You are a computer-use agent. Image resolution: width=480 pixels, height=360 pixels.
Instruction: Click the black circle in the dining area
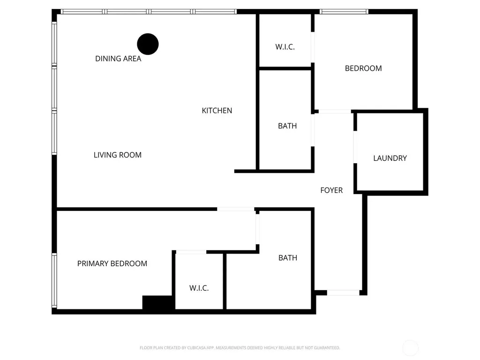click(148, 44)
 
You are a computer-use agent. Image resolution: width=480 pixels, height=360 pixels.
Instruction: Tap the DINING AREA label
click(118, 59)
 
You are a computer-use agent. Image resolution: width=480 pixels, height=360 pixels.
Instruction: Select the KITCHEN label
click(217, 111)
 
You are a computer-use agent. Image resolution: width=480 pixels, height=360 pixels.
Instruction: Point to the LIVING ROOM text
click(118, 155)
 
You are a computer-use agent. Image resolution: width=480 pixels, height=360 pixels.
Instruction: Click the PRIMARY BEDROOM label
click(112, 263)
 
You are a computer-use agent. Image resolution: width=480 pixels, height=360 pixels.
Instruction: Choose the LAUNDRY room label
click(390, 158)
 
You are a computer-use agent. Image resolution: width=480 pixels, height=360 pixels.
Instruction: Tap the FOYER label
click(331, 190)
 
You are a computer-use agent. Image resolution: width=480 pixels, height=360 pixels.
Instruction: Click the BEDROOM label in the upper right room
click(363, 68)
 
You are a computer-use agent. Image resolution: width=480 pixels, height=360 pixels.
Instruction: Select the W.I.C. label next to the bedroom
click(285, 47)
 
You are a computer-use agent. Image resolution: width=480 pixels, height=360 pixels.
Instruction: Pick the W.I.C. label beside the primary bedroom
click(199, 288)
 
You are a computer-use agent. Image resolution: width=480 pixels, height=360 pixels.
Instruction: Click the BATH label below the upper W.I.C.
click(287, 126)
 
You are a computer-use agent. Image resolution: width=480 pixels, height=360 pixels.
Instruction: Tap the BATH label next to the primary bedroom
click(288, 258)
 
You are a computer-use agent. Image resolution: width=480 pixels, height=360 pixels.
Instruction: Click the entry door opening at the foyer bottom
click(343, 293)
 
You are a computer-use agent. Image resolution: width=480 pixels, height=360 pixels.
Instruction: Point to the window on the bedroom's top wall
click(344, 12)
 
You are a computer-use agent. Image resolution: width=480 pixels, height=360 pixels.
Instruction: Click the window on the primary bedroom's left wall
click(54, 280)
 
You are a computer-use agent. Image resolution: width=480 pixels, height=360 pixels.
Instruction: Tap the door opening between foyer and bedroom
click(335, 112)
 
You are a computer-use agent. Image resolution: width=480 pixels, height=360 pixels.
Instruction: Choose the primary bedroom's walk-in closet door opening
click(191, 252)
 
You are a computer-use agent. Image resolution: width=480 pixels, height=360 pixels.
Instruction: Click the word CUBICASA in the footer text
click(196, 348)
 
